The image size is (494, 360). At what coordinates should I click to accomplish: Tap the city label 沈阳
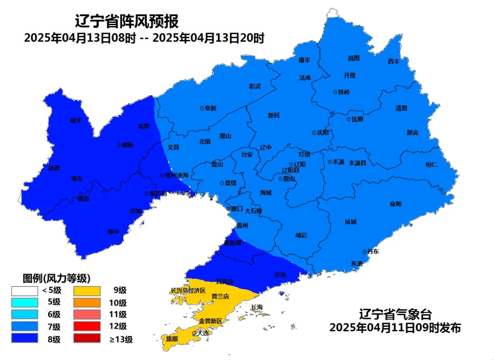point(322,133)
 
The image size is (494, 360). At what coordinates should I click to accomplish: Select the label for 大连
point(201,333)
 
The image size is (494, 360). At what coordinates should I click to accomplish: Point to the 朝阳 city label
point(127,145)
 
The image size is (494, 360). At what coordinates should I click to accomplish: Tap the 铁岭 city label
point(344,92)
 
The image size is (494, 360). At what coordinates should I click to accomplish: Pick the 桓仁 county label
point(431,164)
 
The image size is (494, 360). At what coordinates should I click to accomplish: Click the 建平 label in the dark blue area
point(76,120)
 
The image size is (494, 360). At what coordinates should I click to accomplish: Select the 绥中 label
point(113,231)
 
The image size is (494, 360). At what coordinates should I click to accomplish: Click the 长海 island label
point(257,307)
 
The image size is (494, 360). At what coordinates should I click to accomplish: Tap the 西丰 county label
point(393,61)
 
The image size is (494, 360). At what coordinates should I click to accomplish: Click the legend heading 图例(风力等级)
point(56,278)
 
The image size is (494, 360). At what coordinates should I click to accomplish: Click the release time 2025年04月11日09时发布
point(395,328)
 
